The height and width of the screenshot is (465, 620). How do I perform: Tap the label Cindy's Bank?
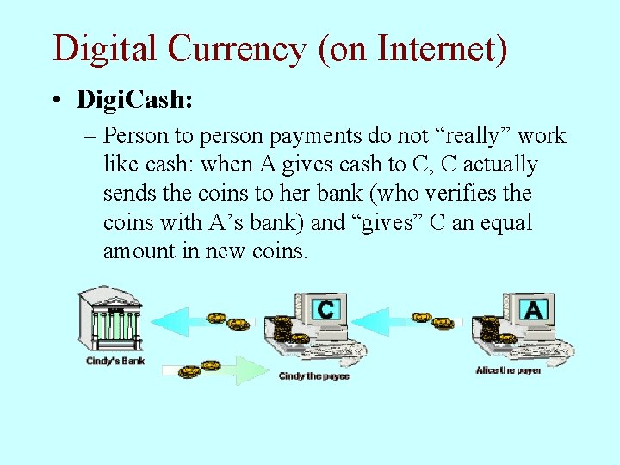(115, 362)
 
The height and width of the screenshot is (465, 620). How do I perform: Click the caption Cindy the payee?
(313, 376)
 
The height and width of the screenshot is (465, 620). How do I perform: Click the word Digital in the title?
(104, 48)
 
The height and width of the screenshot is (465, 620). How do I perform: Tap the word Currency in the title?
(237, 48)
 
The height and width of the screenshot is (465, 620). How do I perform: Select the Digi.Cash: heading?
(134, 99)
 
